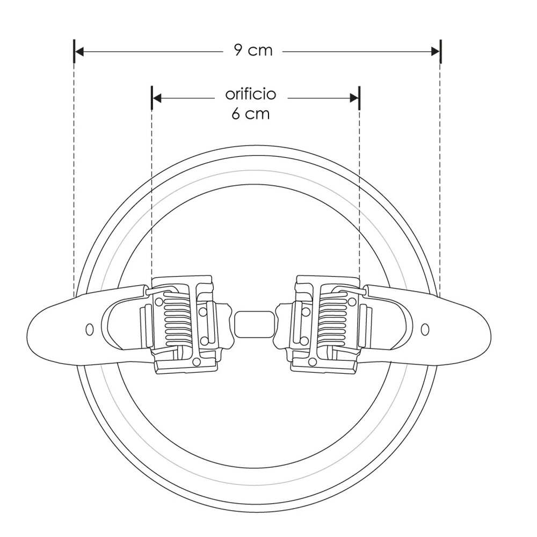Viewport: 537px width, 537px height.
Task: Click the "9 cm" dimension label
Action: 253,50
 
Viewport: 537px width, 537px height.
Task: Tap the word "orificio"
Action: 251,95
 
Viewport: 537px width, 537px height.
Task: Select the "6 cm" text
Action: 251,114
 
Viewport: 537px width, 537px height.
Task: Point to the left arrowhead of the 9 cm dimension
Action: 79,52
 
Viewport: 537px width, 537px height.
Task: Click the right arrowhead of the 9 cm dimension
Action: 435,52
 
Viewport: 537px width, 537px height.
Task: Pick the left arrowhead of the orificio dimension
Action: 157,98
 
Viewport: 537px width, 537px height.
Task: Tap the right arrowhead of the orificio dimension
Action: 354,98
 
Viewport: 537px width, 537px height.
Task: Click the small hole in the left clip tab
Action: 90,328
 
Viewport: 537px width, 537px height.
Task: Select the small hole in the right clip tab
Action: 425,328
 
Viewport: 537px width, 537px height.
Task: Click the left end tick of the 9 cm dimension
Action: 74,52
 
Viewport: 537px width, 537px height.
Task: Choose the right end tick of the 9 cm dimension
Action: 440,52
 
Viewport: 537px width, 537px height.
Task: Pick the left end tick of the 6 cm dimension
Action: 153,98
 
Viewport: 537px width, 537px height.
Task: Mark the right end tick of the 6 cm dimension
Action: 359,98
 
